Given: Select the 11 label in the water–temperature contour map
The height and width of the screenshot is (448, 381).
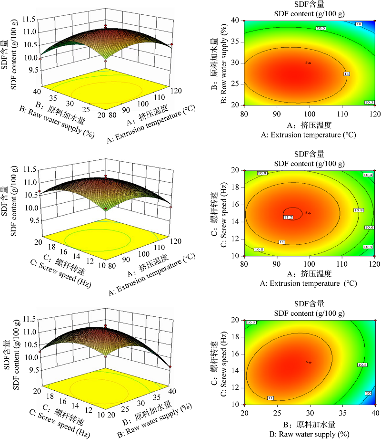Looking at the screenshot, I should pos(347,74).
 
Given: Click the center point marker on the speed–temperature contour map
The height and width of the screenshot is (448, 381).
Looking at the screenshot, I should pos(310,213).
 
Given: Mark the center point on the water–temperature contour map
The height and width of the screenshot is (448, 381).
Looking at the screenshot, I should pos(310,63).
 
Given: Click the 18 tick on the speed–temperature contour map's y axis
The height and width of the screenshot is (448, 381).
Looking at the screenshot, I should pos(238,188).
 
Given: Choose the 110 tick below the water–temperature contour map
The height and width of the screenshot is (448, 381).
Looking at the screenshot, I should pos(342,113).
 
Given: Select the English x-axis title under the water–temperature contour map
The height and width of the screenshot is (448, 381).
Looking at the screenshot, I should pos(310,135).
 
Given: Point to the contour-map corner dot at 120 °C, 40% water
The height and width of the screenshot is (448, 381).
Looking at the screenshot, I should pos(375,21).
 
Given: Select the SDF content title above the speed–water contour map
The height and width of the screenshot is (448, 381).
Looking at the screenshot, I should pos(309,312).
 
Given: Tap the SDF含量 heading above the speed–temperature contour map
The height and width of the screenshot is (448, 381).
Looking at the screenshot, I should pos(309,154).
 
